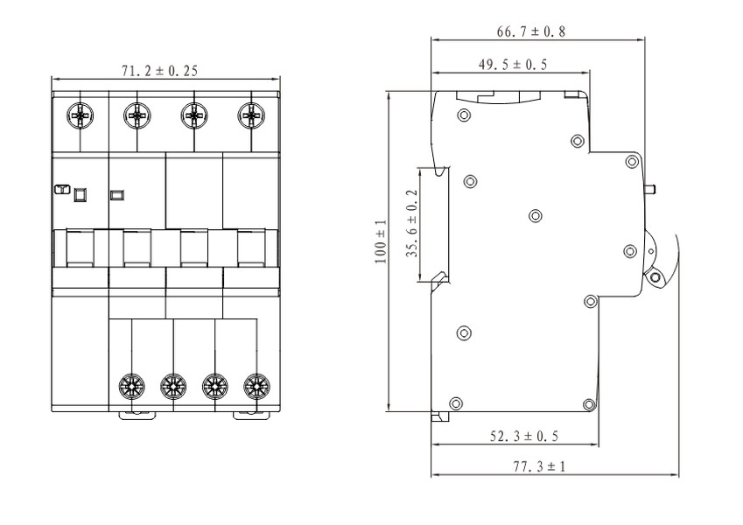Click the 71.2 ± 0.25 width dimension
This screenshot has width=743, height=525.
coord(159,71)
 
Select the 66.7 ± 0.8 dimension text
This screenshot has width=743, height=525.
coord(531,31)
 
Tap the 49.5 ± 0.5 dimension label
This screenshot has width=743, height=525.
coord(512,65)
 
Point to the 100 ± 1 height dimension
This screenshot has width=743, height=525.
coord(381,241)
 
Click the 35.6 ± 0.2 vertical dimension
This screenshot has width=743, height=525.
coord(412,224)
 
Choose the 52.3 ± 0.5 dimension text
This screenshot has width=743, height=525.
coord(524,436)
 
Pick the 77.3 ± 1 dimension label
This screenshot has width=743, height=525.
coord(539,466)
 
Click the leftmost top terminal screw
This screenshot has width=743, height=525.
coord(81,115)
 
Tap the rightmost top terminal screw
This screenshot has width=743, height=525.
coord(251,115)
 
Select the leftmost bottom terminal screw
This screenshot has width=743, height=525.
coord(131,387)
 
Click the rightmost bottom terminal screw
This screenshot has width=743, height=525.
coord(256,387)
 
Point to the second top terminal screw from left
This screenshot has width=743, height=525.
coord(137,115)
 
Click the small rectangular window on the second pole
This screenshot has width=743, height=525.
coord(116,194)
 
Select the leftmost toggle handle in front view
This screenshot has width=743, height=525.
coord(81,248)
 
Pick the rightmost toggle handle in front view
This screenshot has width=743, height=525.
coord(250,248)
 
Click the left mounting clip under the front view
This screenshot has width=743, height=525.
coord(137,416)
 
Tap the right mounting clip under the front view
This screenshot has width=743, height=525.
coord(252,416)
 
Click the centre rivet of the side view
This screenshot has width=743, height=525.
coord(536,216)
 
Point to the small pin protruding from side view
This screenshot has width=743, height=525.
coord(649,190)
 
